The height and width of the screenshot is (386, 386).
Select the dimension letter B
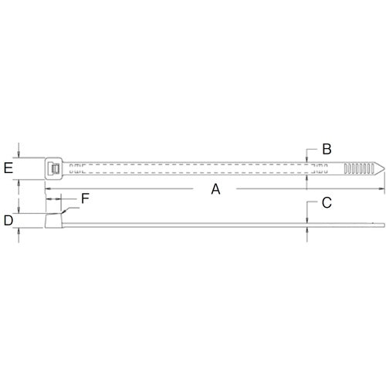(327, 148)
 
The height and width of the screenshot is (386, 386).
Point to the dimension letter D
(8, 221)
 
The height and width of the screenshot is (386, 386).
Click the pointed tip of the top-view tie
(381, 167)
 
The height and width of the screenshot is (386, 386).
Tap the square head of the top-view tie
(53, 168)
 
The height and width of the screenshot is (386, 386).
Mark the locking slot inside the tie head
(54, 168)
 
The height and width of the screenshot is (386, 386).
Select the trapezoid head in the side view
(54, 222)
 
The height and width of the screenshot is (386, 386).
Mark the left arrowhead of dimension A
(48, 188)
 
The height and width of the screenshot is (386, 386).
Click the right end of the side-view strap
(381, 225)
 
